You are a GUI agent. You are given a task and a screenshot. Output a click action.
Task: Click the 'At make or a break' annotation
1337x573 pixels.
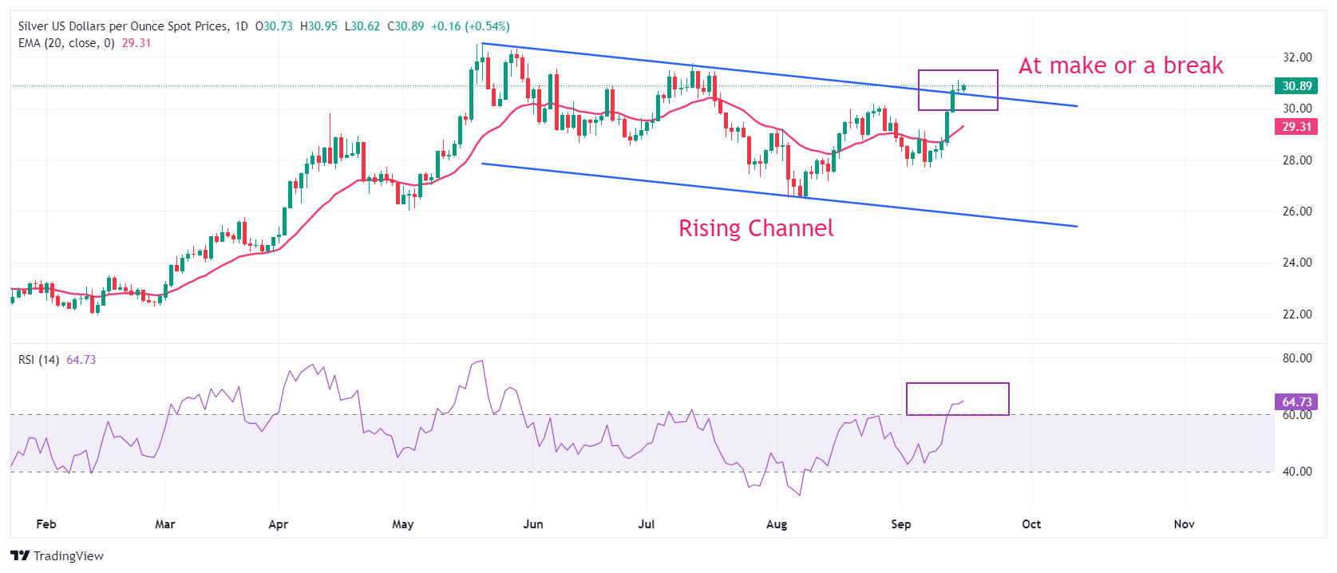coord(1121,65)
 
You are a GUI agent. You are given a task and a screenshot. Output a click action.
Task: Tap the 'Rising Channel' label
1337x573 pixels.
coord(756,228)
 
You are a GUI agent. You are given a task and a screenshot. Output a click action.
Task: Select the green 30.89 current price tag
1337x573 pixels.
coord(1296,86)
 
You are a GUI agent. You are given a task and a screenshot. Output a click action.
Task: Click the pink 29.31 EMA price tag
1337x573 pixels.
coord(1296,127)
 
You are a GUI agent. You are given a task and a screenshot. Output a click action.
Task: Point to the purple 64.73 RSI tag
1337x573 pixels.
coord(1296,402)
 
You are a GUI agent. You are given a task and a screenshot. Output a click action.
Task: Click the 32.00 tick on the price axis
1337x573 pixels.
coord(1297,57)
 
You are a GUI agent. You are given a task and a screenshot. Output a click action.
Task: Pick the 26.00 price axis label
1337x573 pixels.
coord(1297,211)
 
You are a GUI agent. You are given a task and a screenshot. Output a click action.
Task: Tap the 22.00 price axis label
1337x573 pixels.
coord(1297,314)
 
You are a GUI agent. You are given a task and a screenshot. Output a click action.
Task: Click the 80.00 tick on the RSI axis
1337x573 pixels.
coord(1297,358)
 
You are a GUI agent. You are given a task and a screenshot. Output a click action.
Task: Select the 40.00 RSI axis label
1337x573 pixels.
coord(1297,472)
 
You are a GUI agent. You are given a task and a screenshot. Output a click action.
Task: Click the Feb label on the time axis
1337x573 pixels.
coord(46,524)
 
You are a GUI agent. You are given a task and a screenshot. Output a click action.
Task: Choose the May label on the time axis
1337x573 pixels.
coord(403,524)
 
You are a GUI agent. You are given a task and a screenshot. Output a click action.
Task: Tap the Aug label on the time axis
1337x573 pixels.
coord(776,524)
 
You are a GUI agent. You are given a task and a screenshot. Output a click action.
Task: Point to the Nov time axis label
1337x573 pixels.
coord(1184,524)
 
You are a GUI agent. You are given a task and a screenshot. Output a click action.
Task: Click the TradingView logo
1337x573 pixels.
coord(57,556)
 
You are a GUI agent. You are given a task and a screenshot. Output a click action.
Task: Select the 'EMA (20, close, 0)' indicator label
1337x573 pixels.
coord(66,43)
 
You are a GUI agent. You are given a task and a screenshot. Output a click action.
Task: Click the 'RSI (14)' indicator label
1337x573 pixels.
coord(38,360)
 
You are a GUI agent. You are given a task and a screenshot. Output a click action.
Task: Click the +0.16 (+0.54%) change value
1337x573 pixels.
coord(470,26)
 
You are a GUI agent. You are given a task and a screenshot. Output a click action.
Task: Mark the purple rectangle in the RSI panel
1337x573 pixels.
coord(957,399)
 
